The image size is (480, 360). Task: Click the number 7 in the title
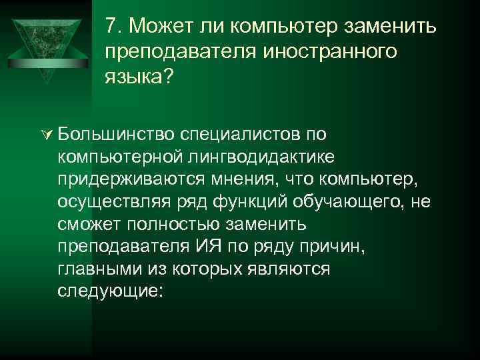tap(111, 27)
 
